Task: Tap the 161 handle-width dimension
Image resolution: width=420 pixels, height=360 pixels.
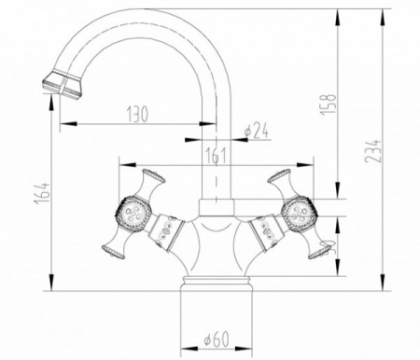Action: (217, 156)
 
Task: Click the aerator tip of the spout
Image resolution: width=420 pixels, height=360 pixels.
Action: (52, 87)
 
